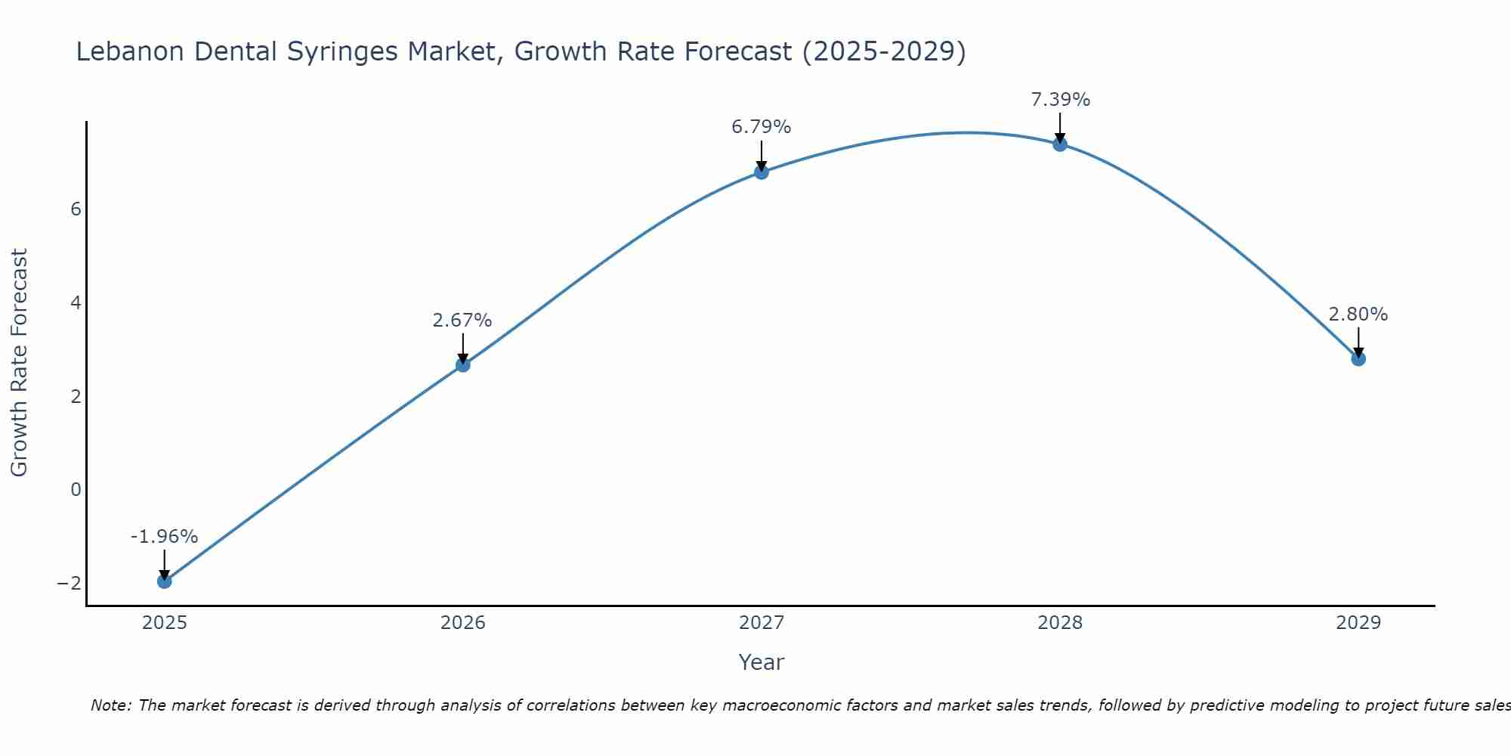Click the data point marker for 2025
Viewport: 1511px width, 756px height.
165,581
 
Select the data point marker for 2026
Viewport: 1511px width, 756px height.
463,364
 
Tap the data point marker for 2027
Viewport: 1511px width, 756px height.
762,172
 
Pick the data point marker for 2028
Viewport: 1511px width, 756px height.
1060,144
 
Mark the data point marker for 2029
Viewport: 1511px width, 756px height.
1358,358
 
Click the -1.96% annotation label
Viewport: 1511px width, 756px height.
164,537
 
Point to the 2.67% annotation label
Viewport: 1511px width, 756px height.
462,321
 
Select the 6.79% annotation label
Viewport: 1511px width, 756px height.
761,127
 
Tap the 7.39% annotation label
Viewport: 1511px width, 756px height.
1061,100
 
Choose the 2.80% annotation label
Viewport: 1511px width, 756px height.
1358,314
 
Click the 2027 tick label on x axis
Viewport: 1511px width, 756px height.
762,623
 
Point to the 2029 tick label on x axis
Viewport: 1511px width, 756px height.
1358,623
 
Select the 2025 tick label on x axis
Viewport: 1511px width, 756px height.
165,623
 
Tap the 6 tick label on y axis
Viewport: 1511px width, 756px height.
76,209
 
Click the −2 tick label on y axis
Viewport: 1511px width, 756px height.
70,583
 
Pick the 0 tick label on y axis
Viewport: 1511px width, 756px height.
76,490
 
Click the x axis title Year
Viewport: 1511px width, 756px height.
762,662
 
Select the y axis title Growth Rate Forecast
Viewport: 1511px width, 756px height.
19,363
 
